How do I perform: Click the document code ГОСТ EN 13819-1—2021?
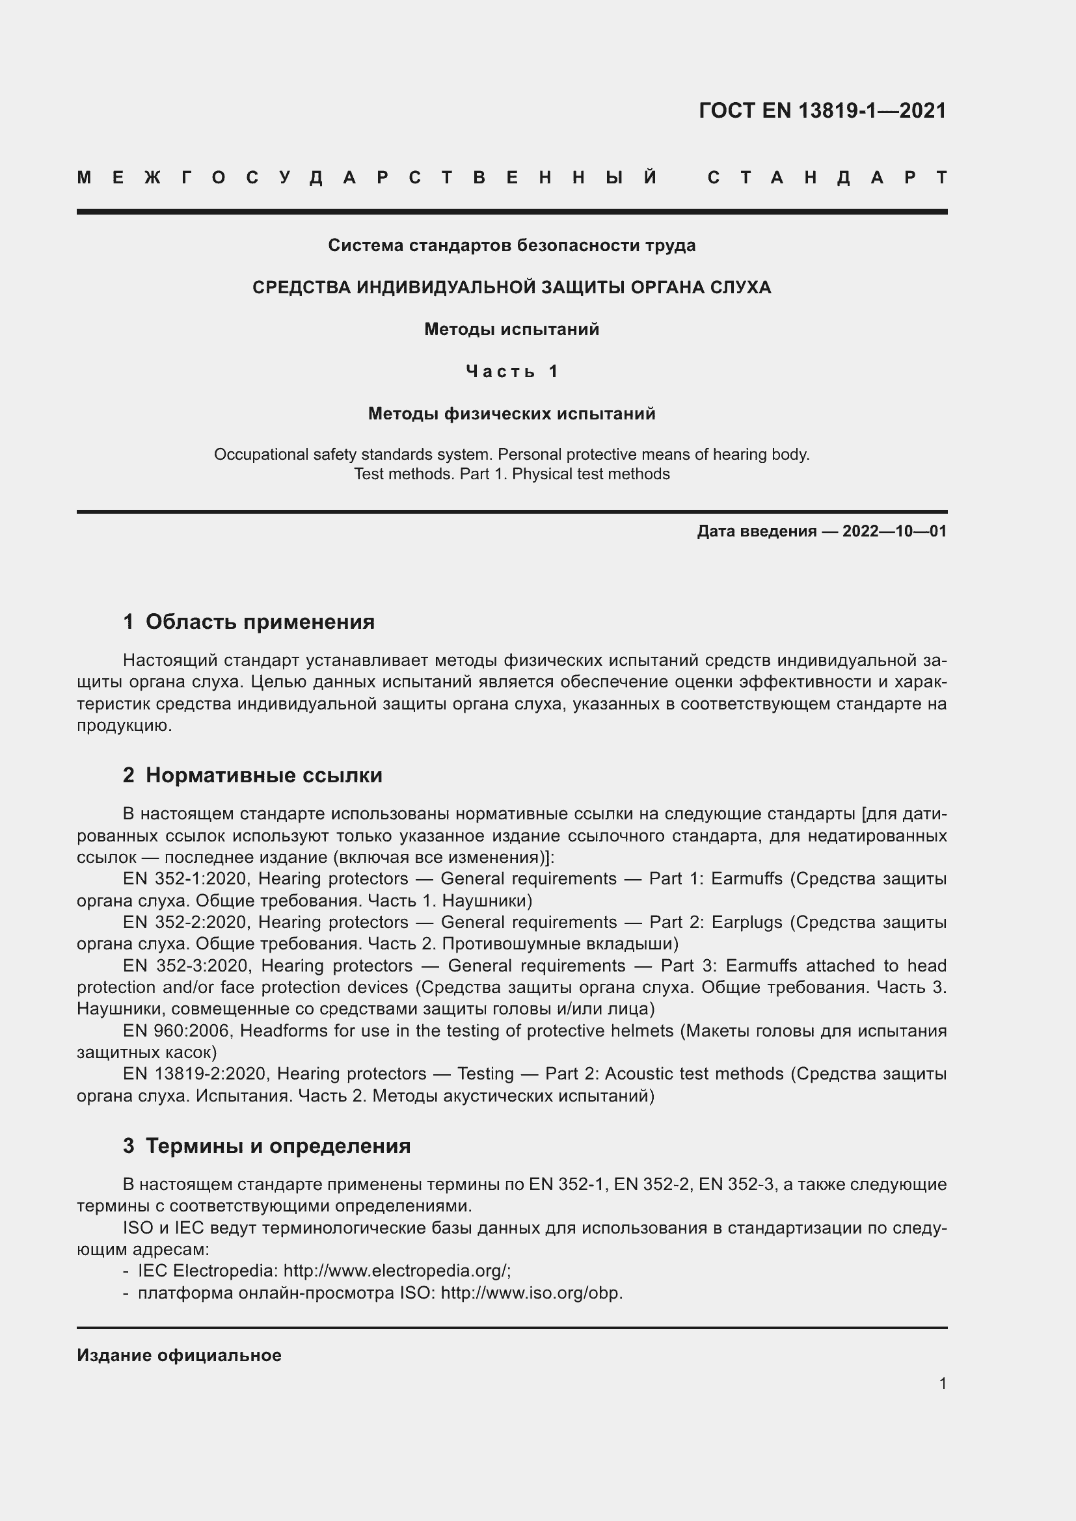point(822,111)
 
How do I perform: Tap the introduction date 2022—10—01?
point(894,531)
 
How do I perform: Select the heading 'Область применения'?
point(260,622)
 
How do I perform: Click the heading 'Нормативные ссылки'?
point(263,775)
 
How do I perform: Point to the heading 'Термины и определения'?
point(278,1145)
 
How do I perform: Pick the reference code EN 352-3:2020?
point(187,966)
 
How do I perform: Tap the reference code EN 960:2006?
point(178,1031)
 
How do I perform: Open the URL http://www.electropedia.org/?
point(396,1271)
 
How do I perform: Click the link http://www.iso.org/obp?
point(531,1293)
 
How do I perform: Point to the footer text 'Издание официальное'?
point(179,1355)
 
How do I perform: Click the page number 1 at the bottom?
point(943,1383)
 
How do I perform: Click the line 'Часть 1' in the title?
point(512,372)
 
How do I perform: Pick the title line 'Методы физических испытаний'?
point(511,414)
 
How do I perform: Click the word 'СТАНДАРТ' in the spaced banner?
point(827,178)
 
